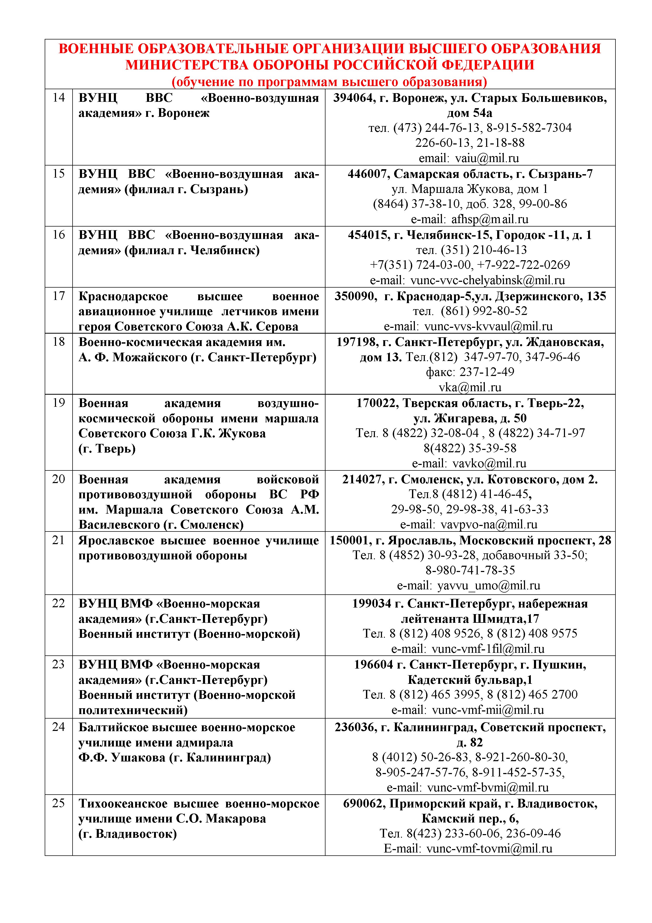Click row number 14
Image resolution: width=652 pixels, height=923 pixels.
coord(59,98)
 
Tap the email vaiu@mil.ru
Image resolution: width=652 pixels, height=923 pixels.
coord(487,158)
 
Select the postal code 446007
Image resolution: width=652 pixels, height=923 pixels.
coord(369,174)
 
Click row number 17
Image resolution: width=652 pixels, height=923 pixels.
coord(59,296)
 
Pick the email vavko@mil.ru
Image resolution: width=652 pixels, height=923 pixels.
coord(489,464)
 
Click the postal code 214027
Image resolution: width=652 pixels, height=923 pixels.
coord(363,480)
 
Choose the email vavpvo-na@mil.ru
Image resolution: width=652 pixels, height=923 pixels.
coord(489,525)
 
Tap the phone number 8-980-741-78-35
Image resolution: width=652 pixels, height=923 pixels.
coord(470,570)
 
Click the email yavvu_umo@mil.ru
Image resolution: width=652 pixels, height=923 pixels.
coord(488,586)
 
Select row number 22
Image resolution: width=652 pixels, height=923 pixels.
coord(59,603)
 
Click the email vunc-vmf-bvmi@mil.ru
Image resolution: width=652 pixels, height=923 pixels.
coord(488,787)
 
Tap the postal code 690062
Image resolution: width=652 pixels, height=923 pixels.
coord(364,804)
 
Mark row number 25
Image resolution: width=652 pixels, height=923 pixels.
coord(59,803)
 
